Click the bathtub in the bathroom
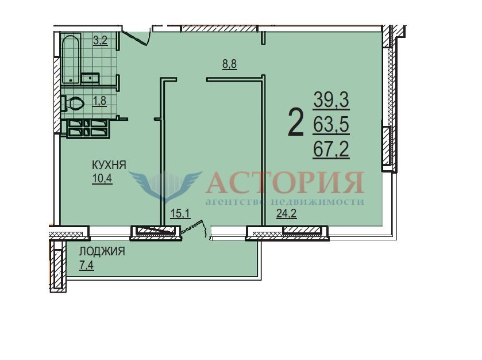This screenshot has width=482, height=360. tap(71, 59)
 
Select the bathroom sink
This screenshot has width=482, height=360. tap(90, 78)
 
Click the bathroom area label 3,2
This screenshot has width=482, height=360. tap(101, 41)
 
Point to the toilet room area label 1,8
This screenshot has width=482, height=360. tap(99, 101)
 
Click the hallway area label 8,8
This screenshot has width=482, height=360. tap(230, 64)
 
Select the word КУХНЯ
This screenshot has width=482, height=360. tap(109, 165)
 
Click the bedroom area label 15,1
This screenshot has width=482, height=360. tap(181, 213)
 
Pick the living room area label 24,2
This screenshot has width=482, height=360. tap(287, 213)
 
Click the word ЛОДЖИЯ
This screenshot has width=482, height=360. tap(102, 251)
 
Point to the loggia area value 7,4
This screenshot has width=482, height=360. tap(87, 265)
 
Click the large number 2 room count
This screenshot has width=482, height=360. tap(296, 123)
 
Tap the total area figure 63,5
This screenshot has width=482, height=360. tap(331, 125)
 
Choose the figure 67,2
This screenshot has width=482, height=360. tap(331, 150)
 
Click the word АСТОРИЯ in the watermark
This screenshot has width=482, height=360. tap(284, 182)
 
